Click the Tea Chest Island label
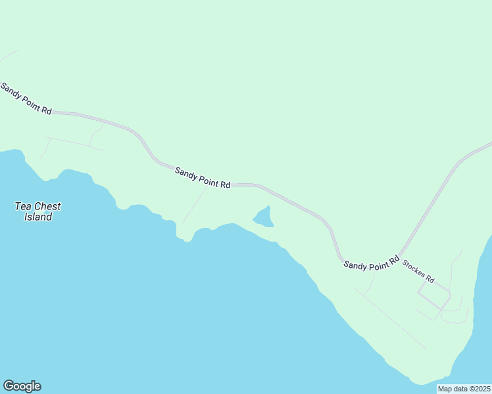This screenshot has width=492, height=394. (37, 211)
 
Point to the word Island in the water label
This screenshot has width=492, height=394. (37, 217)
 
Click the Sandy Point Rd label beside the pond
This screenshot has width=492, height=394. (203, 177)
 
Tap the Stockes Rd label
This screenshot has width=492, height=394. (418, 271)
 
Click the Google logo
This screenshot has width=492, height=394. (22, 386)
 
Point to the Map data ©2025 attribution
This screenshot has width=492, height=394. (464, 389)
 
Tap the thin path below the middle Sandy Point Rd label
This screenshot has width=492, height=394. (194, 205)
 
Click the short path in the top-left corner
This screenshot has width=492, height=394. (8, 56)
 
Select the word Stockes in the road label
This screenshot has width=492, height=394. (414, 268)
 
